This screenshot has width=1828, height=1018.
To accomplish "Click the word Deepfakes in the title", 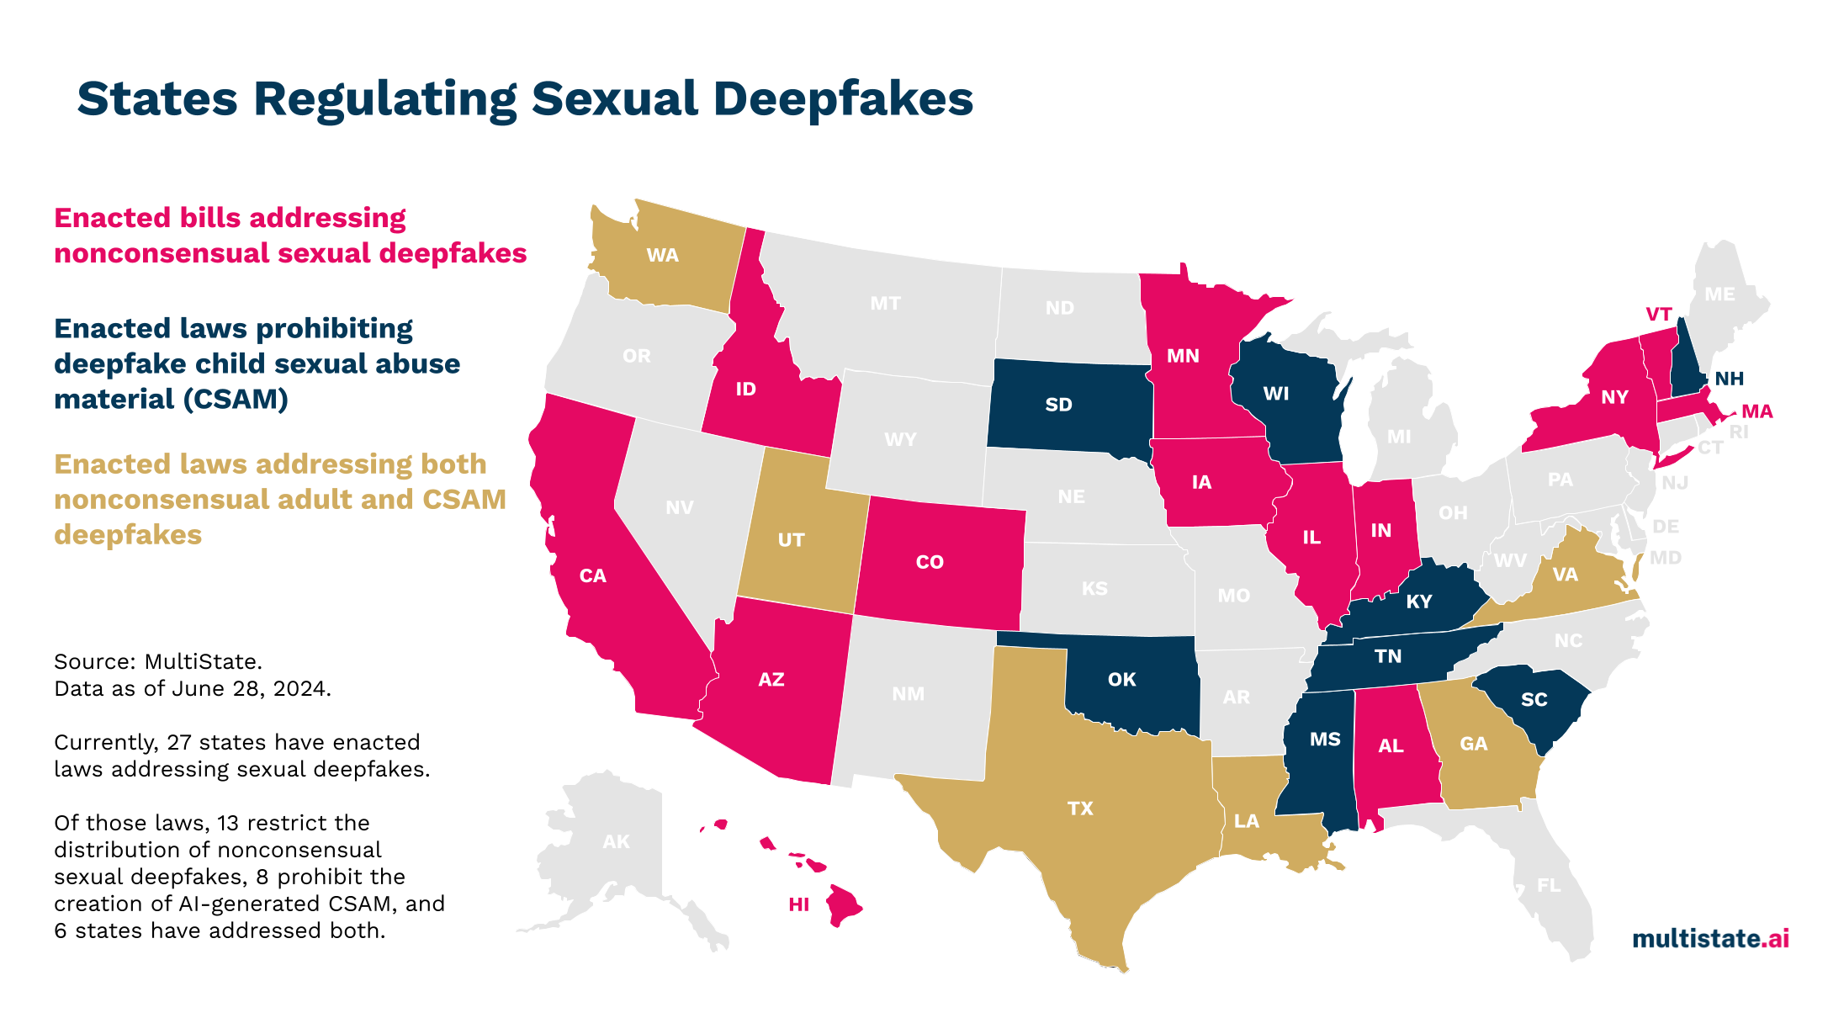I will coord(843,99).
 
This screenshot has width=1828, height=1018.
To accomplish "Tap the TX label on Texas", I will coord(1080,809).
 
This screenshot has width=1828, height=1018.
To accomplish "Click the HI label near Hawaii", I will coord(798,904).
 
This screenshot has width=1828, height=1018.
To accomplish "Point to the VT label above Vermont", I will coord(1658,315).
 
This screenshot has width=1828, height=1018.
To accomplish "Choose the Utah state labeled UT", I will coord(791,540).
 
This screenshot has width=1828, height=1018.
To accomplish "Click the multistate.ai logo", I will coord(1710,938).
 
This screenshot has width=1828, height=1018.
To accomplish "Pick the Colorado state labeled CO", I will coord(930,562).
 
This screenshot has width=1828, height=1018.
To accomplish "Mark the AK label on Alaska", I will coord(616,841).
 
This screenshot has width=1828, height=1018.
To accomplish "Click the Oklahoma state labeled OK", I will coord(1121,680).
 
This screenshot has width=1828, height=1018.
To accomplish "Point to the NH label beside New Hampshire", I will coord(1729,379).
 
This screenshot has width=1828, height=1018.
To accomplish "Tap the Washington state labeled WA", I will coord(662,256).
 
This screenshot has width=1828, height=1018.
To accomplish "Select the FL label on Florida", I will coord(1548,885).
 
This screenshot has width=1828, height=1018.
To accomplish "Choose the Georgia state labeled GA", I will coord(1473,744).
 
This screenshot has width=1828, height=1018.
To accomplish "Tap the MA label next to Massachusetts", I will coord(1756,411).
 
